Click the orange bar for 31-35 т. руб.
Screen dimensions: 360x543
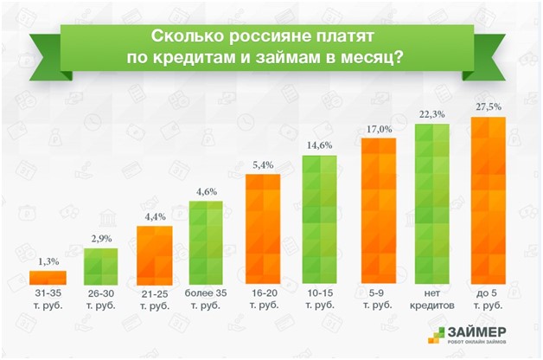pos(48,277)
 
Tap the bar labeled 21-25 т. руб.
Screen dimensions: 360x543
pos(155,254)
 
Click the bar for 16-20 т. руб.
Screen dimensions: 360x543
pos(262,229)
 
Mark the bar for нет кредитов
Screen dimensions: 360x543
pos(433,203)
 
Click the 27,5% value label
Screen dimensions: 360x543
pos(487,106)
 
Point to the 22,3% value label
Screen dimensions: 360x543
pos(432,115)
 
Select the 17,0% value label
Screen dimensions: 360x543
pos(379,129)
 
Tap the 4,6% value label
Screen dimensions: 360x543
pos(208,191)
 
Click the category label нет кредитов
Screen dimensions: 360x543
pos(433,299)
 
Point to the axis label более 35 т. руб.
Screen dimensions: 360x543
pos(208,299)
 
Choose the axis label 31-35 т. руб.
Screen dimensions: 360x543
pos(48,299)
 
